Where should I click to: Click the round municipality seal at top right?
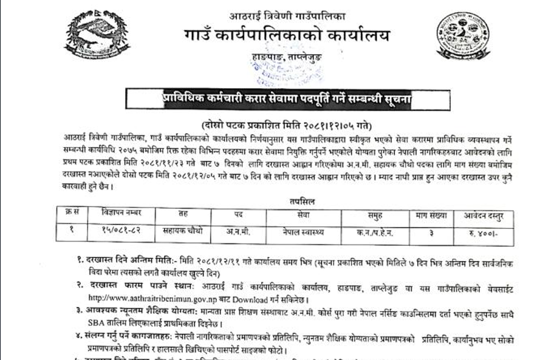[463, 36]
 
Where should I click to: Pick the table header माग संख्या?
[432, 214]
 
